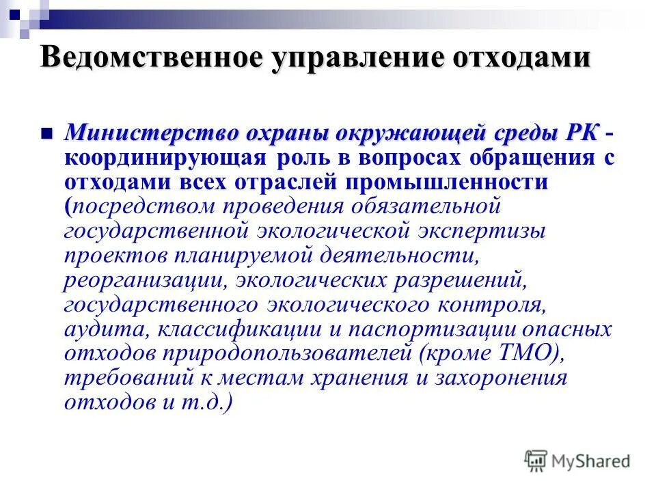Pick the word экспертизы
478,230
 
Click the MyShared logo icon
537,460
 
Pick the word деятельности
398,255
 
